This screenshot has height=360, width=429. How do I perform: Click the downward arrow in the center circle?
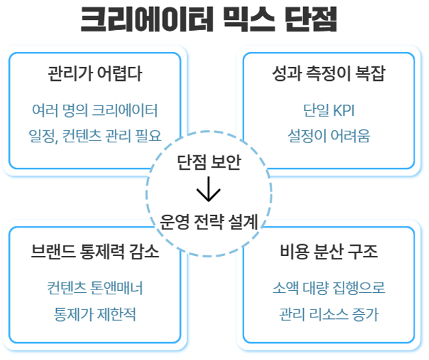(x=207, y=191)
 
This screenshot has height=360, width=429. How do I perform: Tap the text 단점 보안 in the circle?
(x=207, y=163)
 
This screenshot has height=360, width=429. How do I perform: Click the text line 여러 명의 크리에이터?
(x=95, y=109)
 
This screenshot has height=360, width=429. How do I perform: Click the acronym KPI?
(x=342, y=109)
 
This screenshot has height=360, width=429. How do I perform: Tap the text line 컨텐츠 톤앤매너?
(x=95, y=287)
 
